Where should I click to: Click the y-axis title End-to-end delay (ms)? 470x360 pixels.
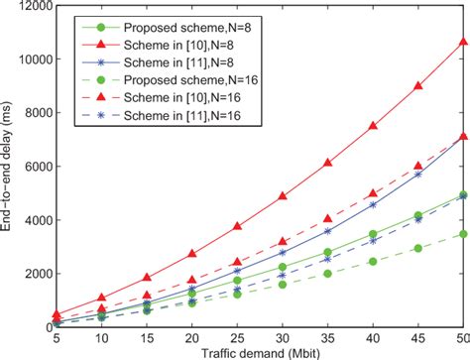pos(11,164)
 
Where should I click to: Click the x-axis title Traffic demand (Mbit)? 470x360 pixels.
pos(262,350)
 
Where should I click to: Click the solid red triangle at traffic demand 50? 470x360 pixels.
pos(463,43)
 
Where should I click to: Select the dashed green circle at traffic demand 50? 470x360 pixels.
pos(463,234)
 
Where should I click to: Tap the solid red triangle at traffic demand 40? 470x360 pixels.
pos(373,126)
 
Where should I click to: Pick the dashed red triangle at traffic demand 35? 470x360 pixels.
pos(327,218)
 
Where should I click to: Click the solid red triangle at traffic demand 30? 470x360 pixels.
pos(283,196)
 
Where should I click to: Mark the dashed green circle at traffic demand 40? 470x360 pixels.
pos(373,261)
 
